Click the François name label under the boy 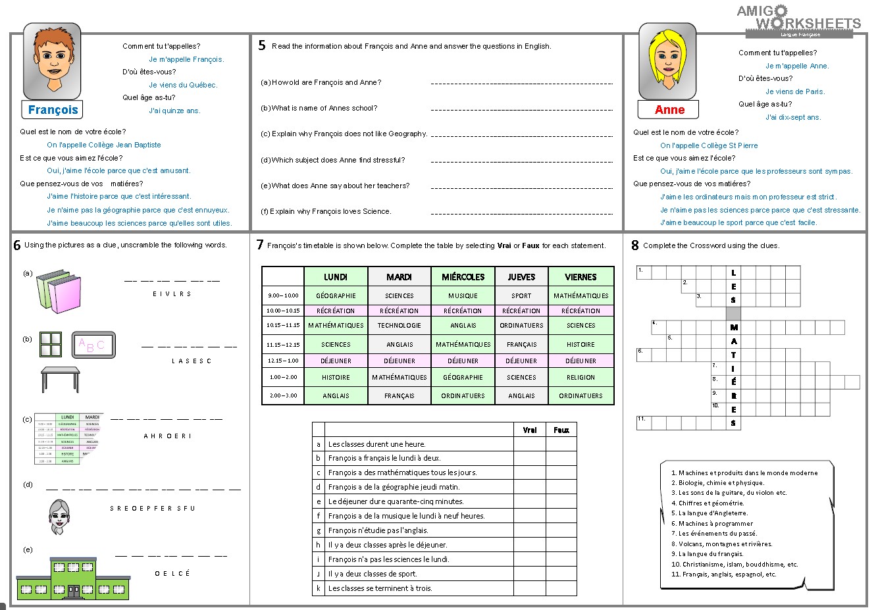[x=53, y=110]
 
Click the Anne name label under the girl [x=669, y=110]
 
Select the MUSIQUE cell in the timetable [x=463, y=295]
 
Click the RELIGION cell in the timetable [x=581, y=377]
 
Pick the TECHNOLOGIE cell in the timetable [x=399, y=325]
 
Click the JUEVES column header [x=521, y=277]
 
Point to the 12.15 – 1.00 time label [x=283, y=361]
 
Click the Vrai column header [x=529, y=430]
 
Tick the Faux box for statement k [x=561, y=588]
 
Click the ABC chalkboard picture [x=93, y=345]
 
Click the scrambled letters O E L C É [x=172, y=573]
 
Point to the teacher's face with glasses [x=60, y=516]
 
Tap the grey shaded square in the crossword [x=733, y=313]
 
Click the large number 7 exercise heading [x=260, y=245]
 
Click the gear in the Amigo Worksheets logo [x=780, y=11]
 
